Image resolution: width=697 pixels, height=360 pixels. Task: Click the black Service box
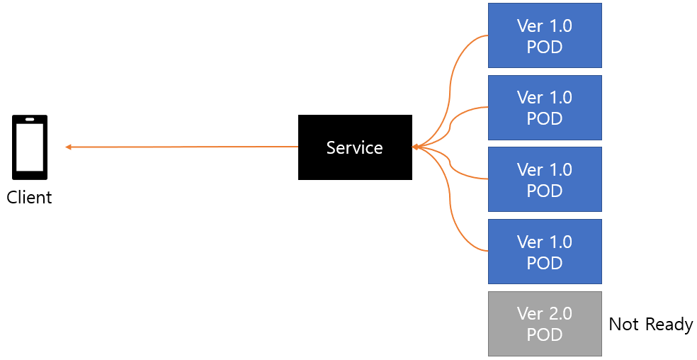[x=355, y=147]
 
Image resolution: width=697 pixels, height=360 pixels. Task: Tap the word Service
[x=355, y=147]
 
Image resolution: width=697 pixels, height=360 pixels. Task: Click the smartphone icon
[x=30, y=147]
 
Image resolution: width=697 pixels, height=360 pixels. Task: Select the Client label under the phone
[x=29, y=197]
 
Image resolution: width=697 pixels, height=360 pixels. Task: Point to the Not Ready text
[x=651, y=325]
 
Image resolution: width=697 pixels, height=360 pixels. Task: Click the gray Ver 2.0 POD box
[x=545, y=324]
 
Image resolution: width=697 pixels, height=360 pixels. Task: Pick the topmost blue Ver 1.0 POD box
[x=545, y=35]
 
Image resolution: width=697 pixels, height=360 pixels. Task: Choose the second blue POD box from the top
[x=545, y=108]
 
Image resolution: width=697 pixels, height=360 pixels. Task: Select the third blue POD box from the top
[x=545, y=179]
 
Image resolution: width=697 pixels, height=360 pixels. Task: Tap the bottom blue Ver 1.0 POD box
[x=545, y=252]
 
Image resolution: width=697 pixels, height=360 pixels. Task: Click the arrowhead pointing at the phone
[x=69, y=147]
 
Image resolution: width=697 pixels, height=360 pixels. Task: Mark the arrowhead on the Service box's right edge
[x=416, y=147]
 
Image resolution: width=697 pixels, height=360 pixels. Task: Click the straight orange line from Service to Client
[x=182, y=147]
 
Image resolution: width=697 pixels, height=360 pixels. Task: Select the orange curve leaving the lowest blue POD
[x=450, y=205]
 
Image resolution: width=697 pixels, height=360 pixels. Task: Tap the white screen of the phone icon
[x=30, y=147]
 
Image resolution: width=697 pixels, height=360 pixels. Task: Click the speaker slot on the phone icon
[x=30, y=119]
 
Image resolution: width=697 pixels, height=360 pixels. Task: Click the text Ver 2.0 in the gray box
[x=545, y=314]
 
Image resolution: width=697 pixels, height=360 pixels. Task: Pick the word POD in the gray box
[x=545, y=334]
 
